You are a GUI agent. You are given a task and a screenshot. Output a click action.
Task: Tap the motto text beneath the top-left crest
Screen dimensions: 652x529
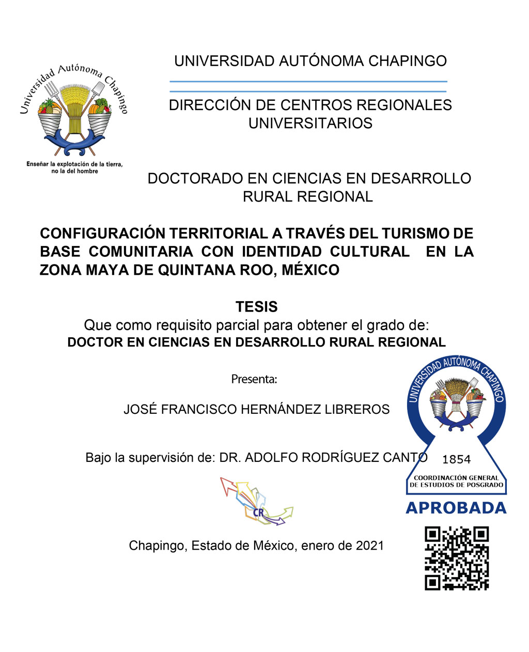tap(74, 167)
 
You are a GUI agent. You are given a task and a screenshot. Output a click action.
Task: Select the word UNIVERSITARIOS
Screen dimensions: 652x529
tap(310, 123)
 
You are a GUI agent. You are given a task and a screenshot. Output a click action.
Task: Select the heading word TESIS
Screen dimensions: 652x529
tap(257, 307)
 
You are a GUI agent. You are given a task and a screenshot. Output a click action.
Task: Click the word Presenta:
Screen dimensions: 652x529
tap(254, 379)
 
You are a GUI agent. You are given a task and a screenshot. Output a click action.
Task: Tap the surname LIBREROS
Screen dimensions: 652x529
tap(357, 410)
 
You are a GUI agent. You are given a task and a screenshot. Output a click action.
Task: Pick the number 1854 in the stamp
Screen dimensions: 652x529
tap(457, 459)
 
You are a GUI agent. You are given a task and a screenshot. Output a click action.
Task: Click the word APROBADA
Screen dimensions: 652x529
tap(456, 508)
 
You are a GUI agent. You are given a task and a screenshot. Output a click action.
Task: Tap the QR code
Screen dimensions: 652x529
tap(457, 558)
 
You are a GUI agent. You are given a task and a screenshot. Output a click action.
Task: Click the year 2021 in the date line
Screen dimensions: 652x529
tap(370, 546)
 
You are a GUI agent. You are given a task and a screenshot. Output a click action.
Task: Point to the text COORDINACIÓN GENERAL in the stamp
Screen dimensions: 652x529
tap(456, 478)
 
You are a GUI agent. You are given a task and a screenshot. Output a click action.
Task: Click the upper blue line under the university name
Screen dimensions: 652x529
tap(308, 82)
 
